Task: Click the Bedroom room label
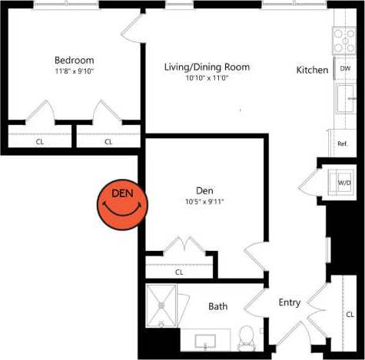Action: (x=74, y=61)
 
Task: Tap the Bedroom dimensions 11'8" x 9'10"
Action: (x=74, y=71)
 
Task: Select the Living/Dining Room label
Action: (x=207, y=67)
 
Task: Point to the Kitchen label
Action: (x=313, y=70)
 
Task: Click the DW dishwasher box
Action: (x=345, y=69)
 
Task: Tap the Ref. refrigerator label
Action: (x=343, y=144)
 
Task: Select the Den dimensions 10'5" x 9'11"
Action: (x=204, y=202)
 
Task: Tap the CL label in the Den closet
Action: (x=179, y=272)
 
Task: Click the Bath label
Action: (x=218, y=306)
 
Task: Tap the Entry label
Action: (x=290, y=302)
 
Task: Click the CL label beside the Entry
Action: (x=350, y=314)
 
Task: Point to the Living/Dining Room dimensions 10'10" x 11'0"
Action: (x=207, y=78)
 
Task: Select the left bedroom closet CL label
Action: (x=39, y=141)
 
